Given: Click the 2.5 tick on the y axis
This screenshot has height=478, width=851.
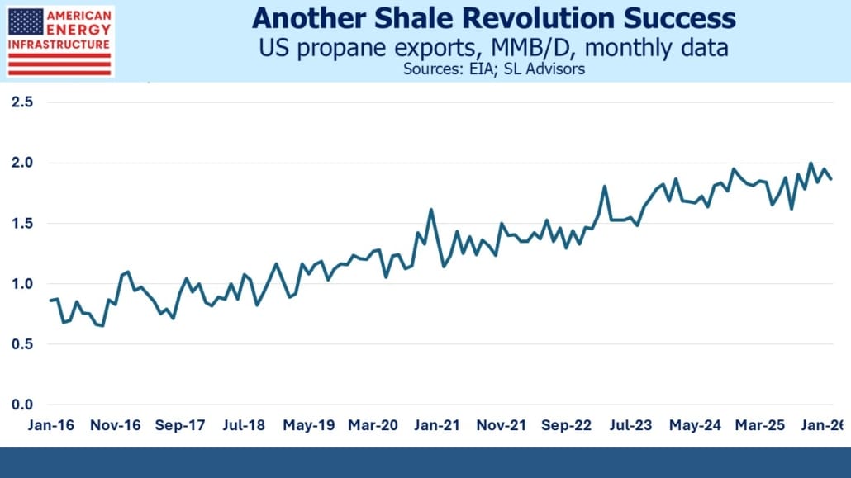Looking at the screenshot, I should [22, 102].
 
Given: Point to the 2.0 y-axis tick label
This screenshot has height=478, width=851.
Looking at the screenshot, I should [22, 163].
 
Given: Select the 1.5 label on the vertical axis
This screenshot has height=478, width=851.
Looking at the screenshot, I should [22, 223].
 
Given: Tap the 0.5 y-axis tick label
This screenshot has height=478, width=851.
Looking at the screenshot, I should [22, 344].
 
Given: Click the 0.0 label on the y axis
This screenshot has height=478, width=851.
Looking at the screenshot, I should [22, 405].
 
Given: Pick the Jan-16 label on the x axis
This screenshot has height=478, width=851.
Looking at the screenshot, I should [50, 426].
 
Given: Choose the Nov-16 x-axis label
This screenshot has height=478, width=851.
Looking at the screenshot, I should [116, 426].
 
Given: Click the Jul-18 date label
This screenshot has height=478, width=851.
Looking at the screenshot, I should [245, 426].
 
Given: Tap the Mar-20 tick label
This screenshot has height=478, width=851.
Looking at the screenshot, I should [373, 426].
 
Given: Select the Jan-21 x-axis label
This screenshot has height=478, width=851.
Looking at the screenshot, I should [438, 426].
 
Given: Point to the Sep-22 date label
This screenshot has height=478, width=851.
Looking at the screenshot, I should [567, 426].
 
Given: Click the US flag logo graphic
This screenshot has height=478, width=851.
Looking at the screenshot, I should [24, 23].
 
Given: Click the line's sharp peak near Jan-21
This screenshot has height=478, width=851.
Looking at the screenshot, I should [431, 210].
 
